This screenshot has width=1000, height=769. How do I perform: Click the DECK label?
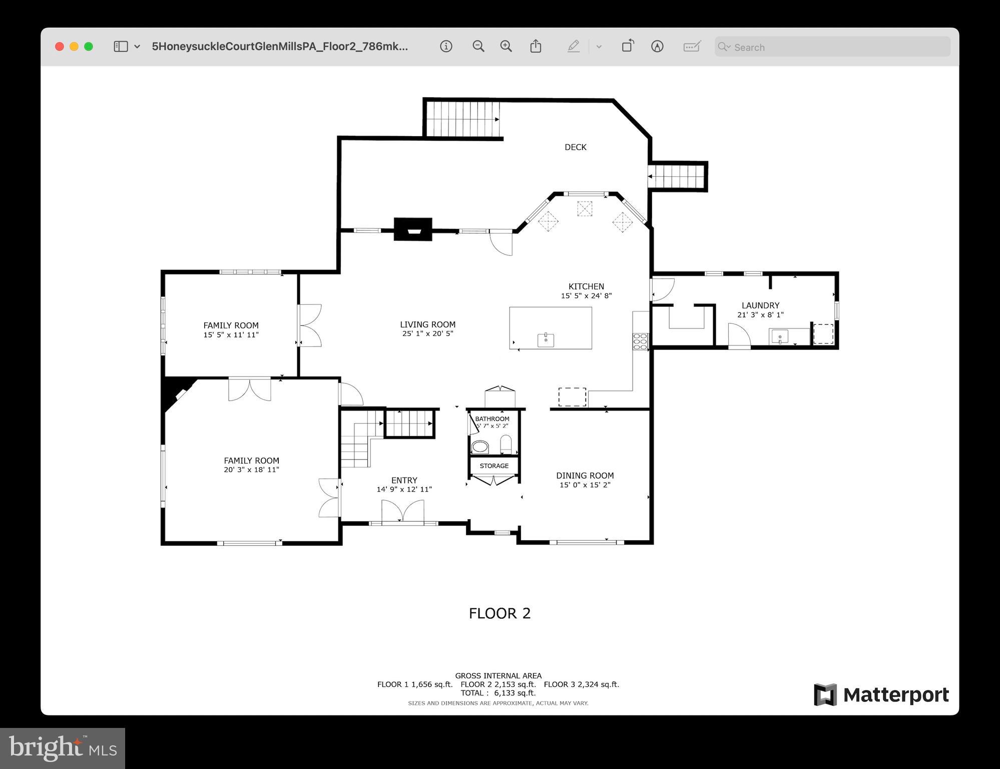click(575, 147)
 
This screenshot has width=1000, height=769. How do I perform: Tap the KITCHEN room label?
click(586, 286)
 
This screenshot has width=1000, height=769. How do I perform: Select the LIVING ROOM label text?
click(427, 324)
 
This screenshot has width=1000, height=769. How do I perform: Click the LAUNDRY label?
click(760, 305)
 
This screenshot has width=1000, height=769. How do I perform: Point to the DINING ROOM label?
click(585, 476)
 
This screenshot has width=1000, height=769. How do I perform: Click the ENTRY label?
click(404, 480)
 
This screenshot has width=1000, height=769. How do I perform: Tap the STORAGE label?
click(494, 466)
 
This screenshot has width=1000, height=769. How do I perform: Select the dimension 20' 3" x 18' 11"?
click(251, 470)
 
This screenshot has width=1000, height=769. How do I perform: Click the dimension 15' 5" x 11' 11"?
click(231, 334)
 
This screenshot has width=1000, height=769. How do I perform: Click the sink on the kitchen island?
click(546, 340)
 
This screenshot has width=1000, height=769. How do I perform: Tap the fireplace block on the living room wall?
click(413, 229)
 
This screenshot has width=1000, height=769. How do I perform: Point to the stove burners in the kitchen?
click(640, 341)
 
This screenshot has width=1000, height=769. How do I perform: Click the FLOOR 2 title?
click(499, 613)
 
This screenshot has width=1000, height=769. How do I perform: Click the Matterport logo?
click(881, 695)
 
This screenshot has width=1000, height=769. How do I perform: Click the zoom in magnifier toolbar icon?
click(506, 47)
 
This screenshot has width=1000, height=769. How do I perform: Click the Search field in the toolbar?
click(832, 47)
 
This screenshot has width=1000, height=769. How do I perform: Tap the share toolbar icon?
click(536, 47)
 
